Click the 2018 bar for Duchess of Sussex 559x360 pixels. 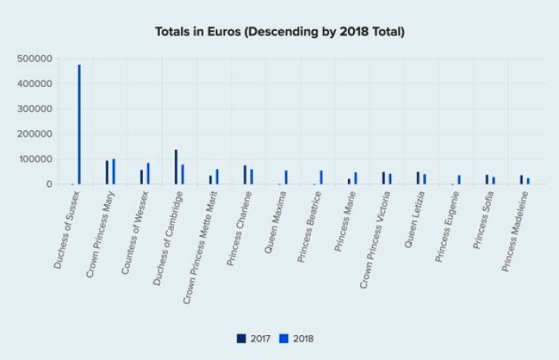(79, 124)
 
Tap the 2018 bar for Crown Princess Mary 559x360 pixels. (113, 171)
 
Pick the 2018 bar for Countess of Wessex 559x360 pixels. (148, 174)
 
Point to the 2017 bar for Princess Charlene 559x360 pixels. (245, 175)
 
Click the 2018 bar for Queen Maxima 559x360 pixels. (286, 178)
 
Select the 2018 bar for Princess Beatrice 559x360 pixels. (321, 178)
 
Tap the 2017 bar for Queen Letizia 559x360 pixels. (418, 178)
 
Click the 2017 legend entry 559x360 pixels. (254, 338)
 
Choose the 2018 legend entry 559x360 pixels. (297, 338)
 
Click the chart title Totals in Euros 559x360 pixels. (279, 32)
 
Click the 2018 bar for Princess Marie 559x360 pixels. (356, 178)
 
